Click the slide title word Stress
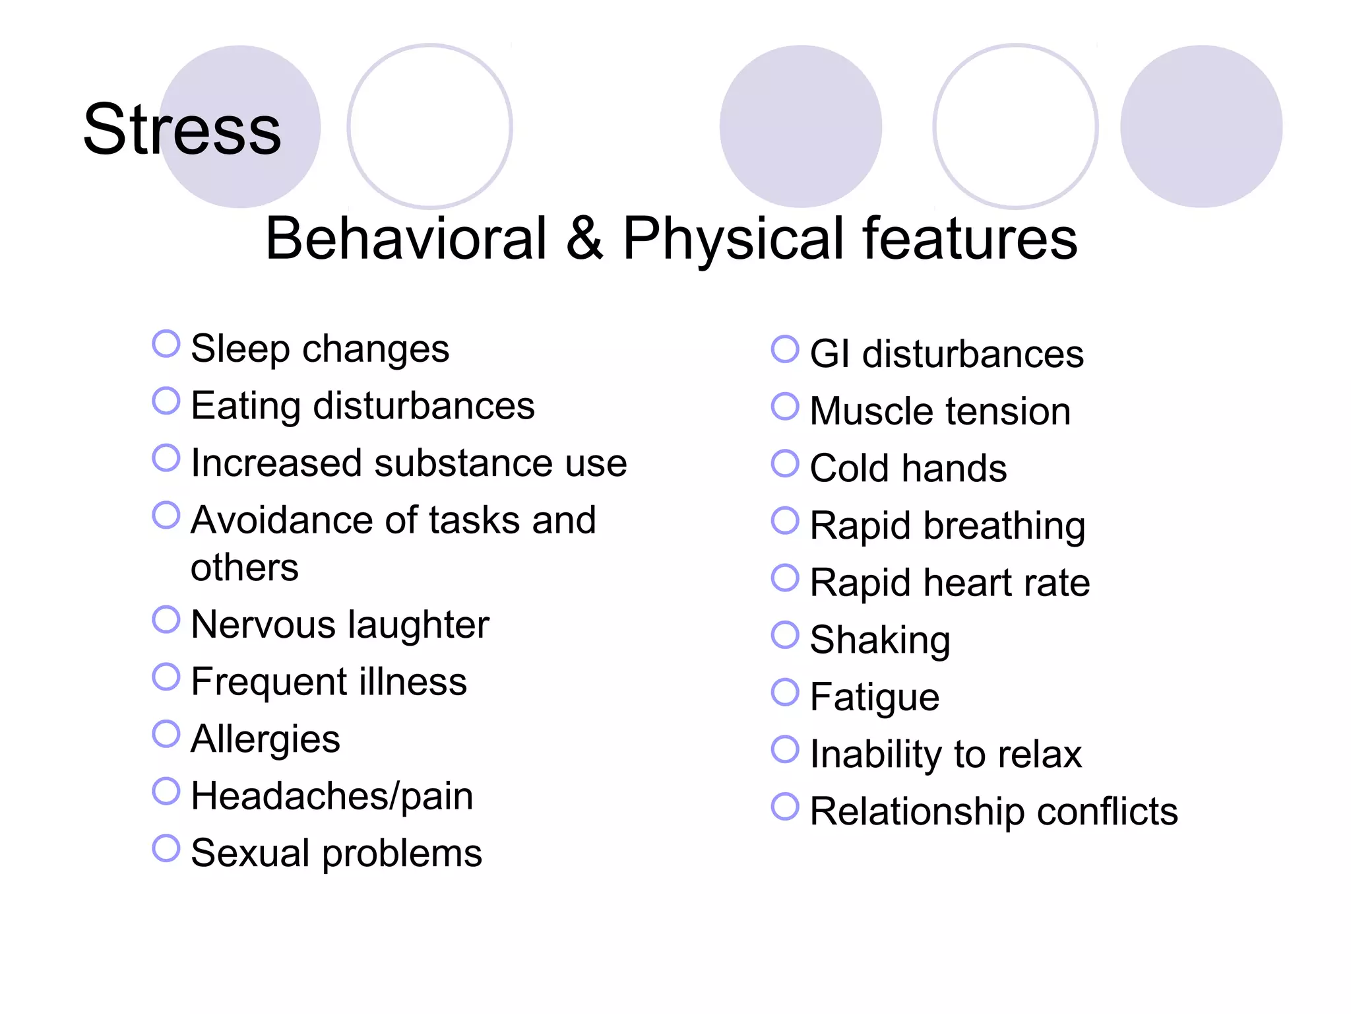(x=182, y=129)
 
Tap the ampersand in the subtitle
(x=584, y=238)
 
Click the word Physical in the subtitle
(x=733, y=240)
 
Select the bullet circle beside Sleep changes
(x=166, y=344)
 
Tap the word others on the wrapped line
(x=244, y=567)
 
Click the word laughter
(x=418, y=625)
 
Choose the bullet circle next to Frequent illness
(x=166, y=677)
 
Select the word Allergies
(x=265, y=739)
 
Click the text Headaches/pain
(x=332, y=796)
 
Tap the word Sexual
(x=249, y=853)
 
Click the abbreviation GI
(x=829, y=354)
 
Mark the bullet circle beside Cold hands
(x=785, y=463)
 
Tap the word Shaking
(x=880, y=640)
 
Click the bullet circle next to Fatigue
(x=785, y=692)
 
